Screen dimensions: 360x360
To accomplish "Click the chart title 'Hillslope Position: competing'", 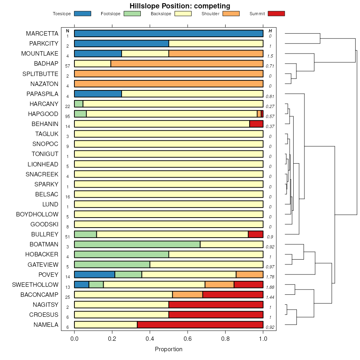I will [180, 6].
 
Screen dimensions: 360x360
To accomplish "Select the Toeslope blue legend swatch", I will [82, 14].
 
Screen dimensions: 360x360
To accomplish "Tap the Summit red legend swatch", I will [276, 14].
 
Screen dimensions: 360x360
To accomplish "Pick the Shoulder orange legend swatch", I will [231, 14].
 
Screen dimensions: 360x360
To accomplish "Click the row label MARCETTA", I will [42, 34].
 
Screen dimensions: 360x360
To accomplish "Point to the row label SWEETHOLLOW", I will [35, 285].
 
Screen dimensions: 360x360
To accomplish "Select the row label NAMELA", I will [45, 325].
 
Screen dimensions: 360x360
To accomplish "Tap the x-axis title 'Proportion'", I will [168, 349].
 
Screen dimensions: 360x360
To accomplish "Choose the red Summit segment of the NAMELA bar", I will [200, 325].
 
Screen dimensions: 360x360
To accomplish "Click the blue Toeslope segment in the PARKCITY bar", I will [122, 44].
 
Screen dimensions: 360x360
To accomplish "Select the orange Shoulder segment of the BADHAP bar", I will [187, 64].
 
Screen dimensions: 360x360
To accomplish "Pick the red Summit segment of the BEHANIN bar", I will [256, 124].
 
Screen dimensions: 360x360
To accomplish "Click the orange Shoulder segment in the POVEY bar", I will [250, 274].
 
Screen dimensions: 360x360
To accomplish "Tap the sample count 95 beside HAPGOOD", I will [68, 116].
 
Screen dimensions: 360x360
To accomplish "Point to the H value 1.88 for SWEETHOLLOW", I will [270, 287].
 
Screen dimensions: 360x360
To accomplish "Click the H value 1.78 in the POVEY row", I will [270, 277].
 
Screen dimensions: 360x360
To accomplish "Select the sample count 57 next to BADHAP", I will [68, 66].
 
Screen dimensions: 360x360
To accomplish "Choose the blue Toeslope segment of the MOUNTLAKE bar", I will [98, 54].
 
